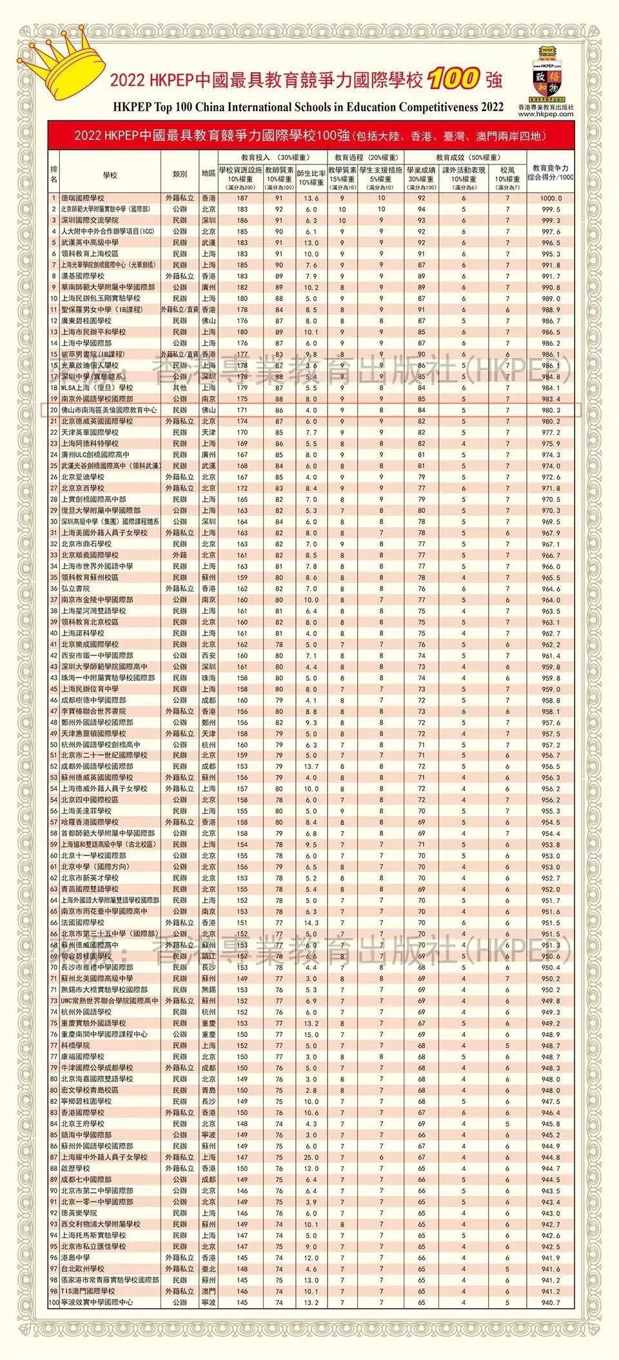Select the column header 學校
point(110,174)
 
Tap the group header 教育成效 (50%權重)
point(467,157)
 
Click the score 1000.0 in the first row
point(551,199)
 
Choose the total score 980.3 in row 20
point(551,410)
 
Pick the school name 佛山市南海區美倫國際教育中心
point(108,410)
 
